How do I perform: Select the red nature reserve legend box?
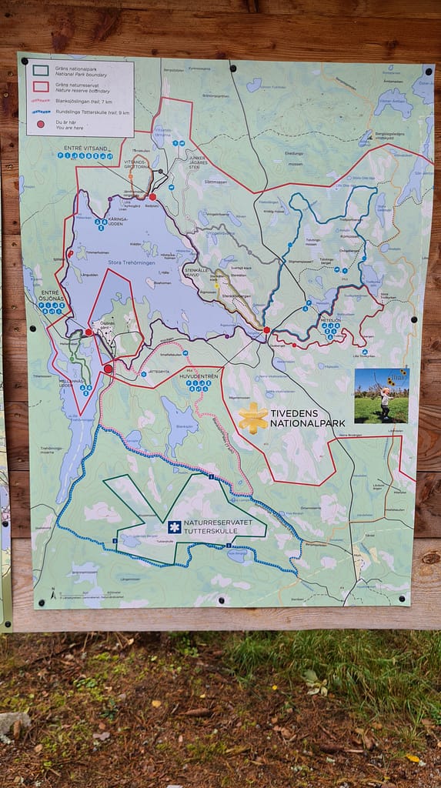point(40,85)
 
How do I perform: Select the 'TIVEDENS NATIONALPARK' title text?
point(307,418)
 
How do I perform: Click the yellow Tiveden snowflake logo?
point(252,418)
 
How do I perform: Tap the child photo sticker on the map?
point(382,396)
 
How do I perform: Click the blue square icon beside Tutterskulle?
point(175,527)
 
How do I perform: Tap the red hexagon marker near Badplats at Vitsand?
point(152,197)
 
